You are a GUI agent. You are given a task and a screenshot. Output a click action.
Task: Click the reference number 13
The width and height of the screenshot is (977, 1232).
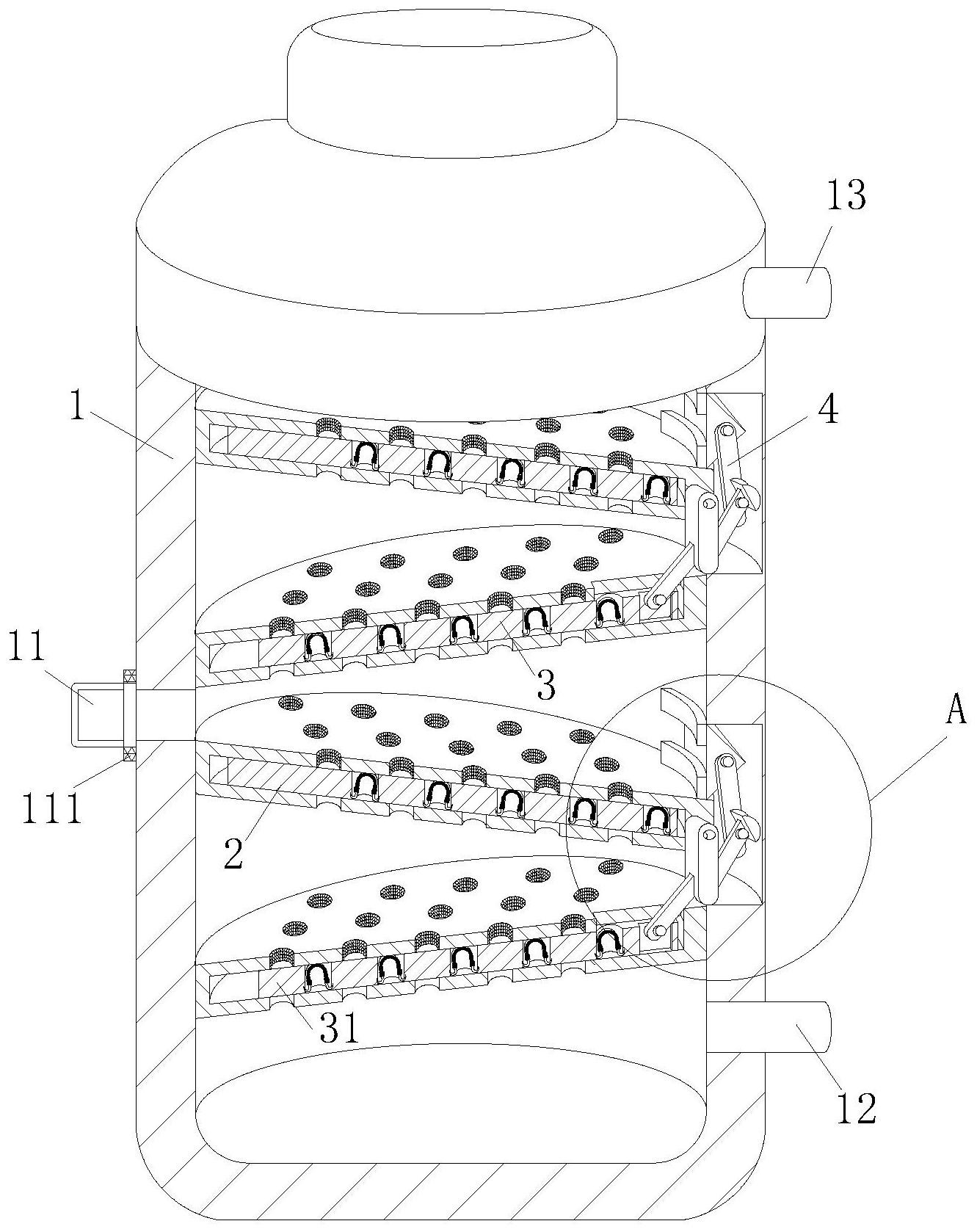[x=846, y=195]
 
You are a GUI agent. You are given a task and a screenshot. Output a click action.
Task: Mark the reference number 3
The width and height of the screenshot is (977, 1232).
[x=545, y=684]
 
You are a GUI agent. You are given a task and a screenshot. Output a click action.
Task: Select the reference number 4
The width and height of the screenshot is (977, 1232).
[x=828, y=410]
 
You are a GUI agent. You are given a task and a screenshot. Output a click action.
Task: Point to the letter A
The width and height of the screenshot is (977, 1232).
[x=954, y=711]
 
